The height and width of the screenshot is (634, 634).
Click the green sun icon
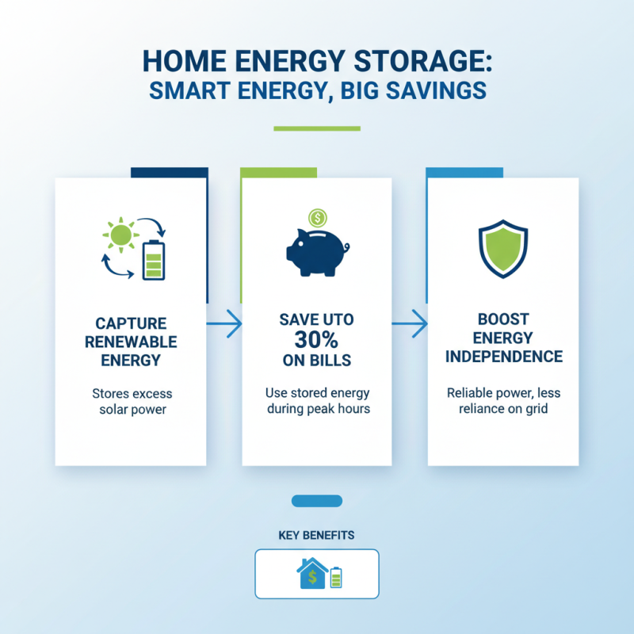coord(120,235)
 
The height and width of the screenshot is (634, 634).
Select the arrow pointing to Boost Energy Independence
coord(410,323)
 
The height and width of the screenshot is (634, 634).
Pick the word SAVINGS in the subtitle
coord(433,90)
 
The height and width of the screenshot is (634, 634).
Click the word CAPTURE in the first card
coord(131,323)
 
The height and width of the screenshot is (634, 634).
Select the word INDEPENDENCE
coord(503,357)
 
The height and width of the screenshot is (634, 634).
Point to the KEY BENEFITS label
coord(316,536)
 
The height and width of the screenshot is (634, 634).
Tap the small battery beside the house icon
coord(336,577)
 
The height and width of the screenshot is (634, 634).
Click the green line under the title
coord(316,128)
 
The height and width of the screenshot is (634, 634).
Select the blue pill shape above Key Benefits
coord(317,501)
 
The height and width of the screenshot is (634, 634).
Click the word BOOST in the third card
coord(503,319)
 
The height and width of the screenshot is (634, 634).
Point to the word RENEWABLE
coord(131,342)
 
